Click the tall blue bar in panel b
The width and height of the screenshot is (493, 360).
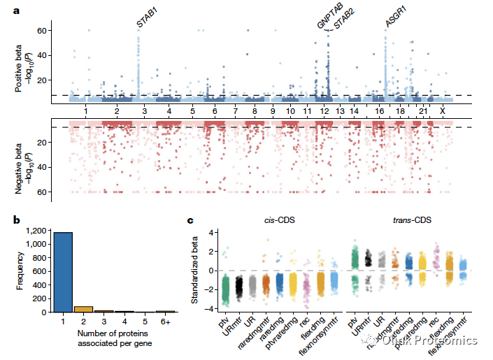point(64,272)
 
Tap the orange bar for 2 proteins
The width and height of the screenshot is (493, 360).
point(83,308)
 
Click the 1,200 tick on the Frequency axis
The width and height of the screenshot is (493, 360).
point(36,230)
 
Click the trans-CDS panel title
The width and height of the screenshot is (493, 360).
point(412,221)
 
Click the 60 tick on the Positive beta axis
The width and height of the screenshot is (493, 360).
point(42,31)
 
